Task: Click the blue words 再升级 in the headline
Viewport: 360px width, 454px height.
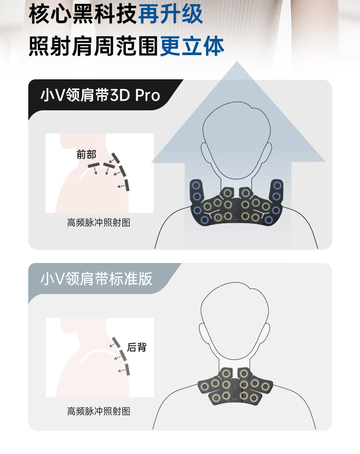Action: (170, 14)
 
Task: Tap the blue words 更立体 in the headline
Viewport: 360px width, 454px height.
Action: (192, 46)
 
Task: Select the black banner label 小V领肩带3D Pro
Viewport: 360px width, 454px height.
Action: (100, 95)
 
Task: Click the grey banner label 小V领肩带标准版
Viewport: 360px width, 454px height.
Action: (96, 279)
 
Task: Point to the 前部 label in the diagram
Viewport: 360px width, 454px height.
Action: (86, 155)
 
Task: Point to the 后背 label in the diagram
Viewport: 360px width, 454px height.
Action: (137, 347)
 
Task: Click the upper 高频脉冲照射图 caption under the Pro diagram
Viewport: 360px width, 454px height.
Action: (98, 222)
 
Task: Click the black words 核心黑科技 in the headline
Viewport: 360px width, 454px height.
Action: (83, 14)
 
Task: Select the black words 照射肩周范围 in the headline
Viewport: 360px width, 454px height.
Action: (94, 46)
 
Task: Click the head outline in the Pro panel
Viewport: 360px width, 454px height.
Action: (237, 102)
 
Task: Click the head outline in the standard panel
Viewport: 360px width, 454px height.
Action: (235, 283)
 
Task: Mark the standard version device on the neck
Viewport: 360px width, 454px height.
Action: (235, 386)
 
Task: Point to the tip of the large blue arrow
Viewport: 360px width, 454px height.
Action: (237, 61)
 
